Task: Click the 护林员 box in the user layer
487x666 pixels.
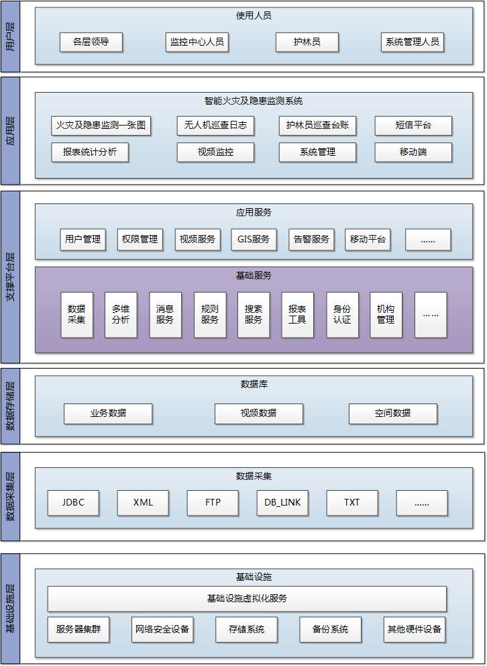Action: (307, 42)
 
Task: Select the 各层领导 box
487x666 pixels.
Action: (91, 42)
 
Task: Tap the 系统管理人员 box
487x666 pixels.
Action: (413, 42)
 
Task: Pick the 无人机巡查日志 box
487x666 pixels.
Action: (215, 126)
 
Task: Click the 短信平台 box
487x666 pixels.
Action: (413, 126)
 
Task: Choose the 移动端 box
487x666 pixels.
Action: (413, 152)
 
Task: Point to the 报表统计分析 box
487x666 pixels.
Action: (90, 152)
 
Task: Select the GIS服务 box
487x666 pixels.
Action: (254, 239)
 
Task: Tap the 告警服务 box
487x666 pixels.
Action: (311, 239)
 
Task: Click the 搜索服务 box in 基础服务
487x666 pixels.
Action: (254, 315)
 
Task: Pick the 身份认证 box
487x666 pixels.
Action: (342, 315)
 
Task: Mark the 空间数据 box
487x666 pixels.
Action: (393, 414)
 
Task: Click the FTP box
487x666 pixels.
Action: (213, 503)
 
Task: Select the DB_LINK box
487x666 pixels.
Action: (282, 503)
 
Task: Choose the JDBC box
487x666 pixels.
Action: (73, 503)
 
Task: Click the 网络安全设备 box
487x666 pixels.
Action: (162, 630)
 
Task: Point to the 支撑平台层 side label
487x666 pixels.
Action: (11, 277)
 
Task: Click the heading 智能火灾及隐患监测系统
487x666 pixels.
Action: (254, 101)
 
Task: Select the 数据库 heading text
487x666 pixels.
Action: (254, 385)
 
